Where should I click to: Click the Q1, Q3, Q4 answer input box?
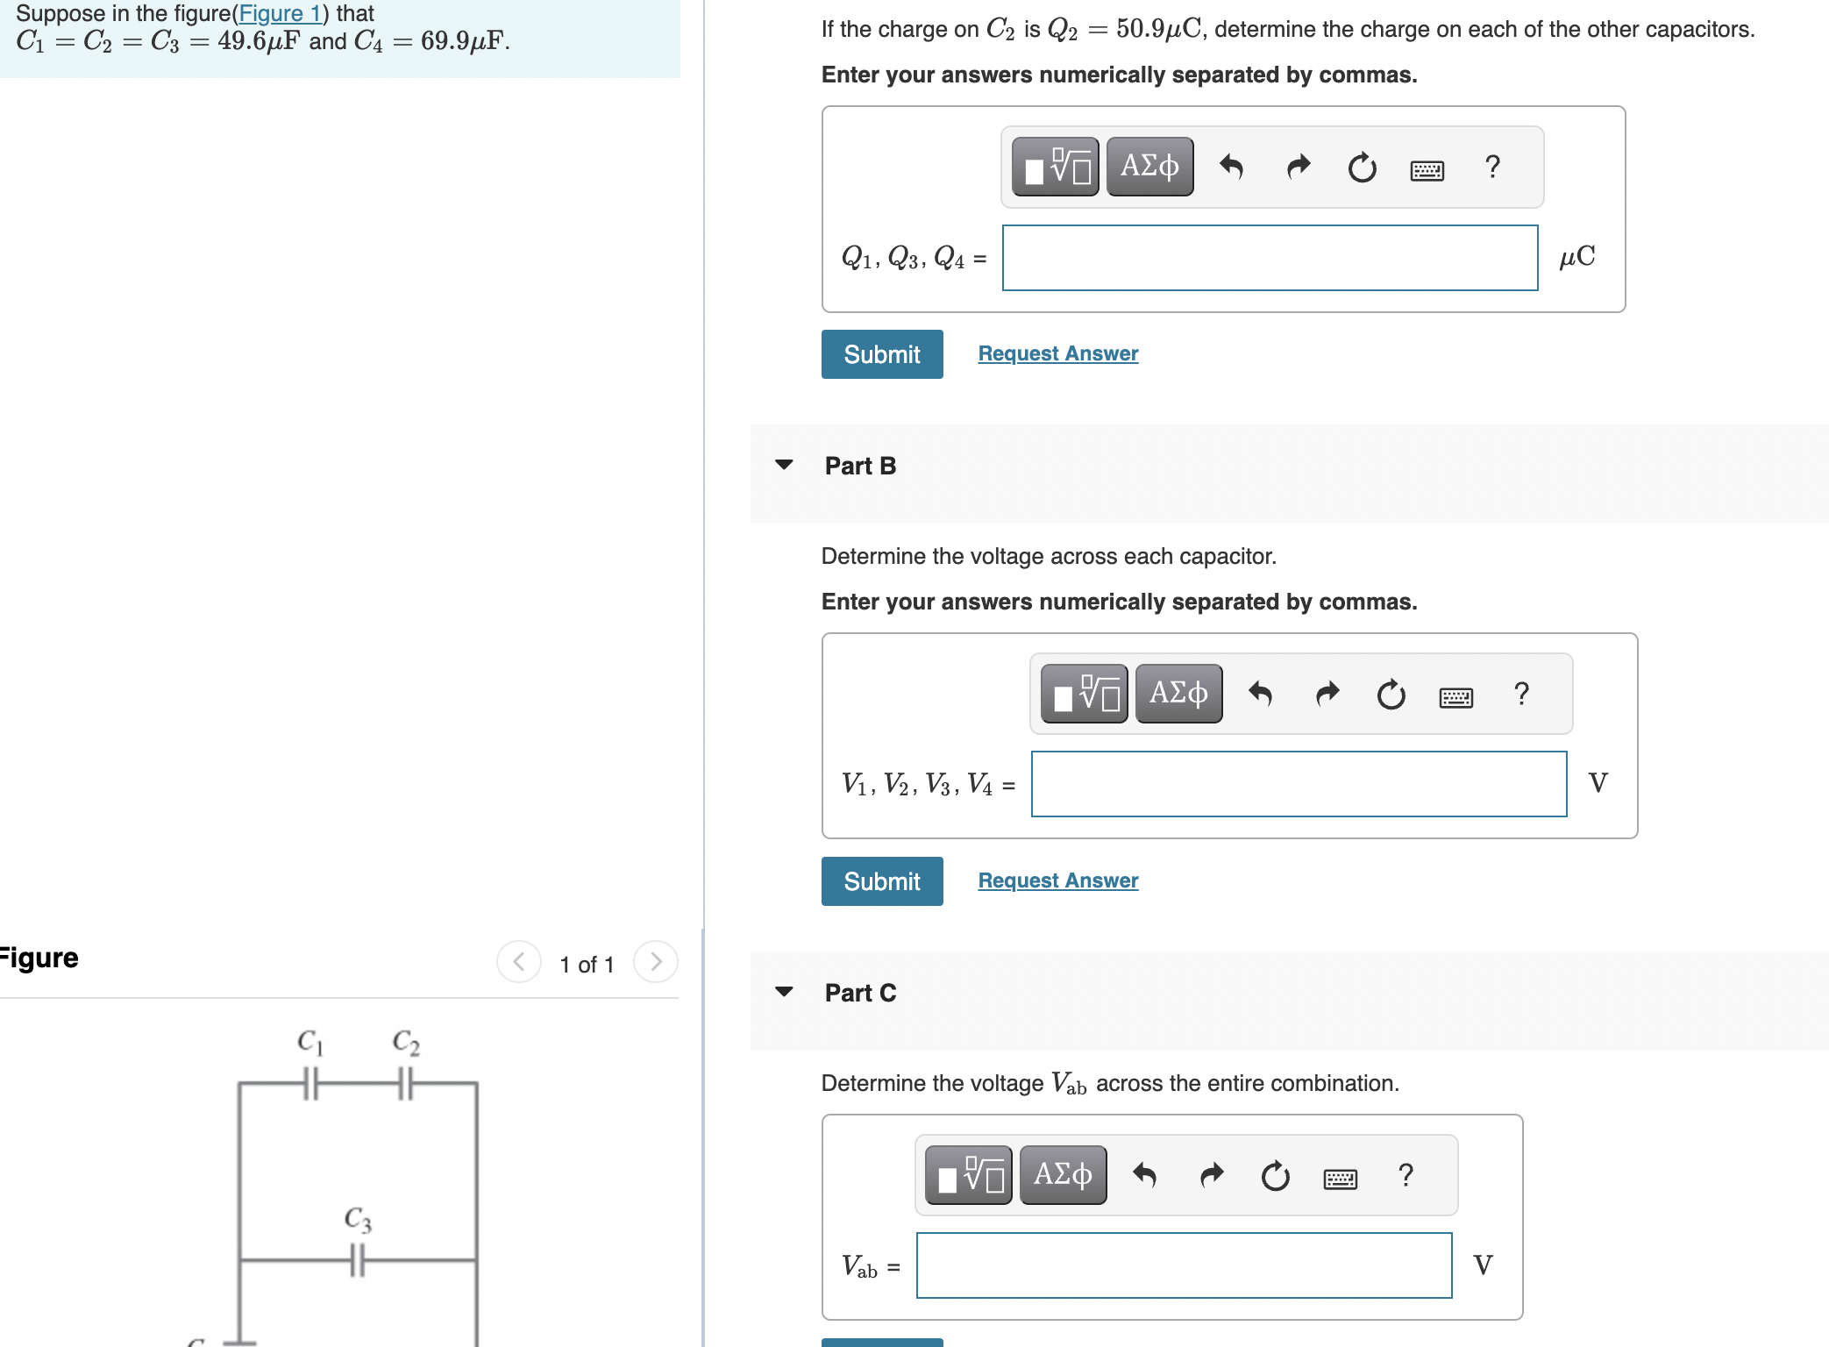[1270, 258]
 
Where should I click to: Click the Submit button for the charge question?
[881, 354]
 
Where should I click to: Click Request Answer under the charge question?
[1057, 353]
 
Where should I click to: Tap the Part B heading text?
[860, 466]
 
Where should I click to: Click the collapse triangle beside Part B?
[784, 465]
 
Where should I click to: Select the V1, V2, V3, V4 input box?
[1299, 784]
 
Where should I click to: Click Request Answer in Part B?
[1057, 880]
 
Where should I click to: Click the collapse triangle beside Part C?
[784, 992]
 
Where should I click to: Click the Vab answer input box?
[1184, 1265]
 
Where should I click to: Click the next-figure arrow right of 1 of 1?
[655, 962]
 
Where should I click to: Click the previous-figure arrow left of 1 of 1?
[519, 962]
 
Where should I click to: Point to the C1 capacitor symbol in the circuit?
[310, 1083]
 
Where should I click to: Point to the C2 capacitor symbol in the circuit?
[405, 1083]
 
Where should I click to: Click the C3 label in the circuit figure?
[358, 1218]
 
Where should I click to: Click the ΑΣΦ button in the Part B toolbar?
[1178, 694]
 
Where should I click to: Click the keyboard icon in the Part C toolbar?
[1340, 1179]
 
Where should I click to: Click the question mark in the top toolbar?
[1492, 167]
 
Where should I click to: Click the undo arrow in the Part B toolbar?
[1260, 694]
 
